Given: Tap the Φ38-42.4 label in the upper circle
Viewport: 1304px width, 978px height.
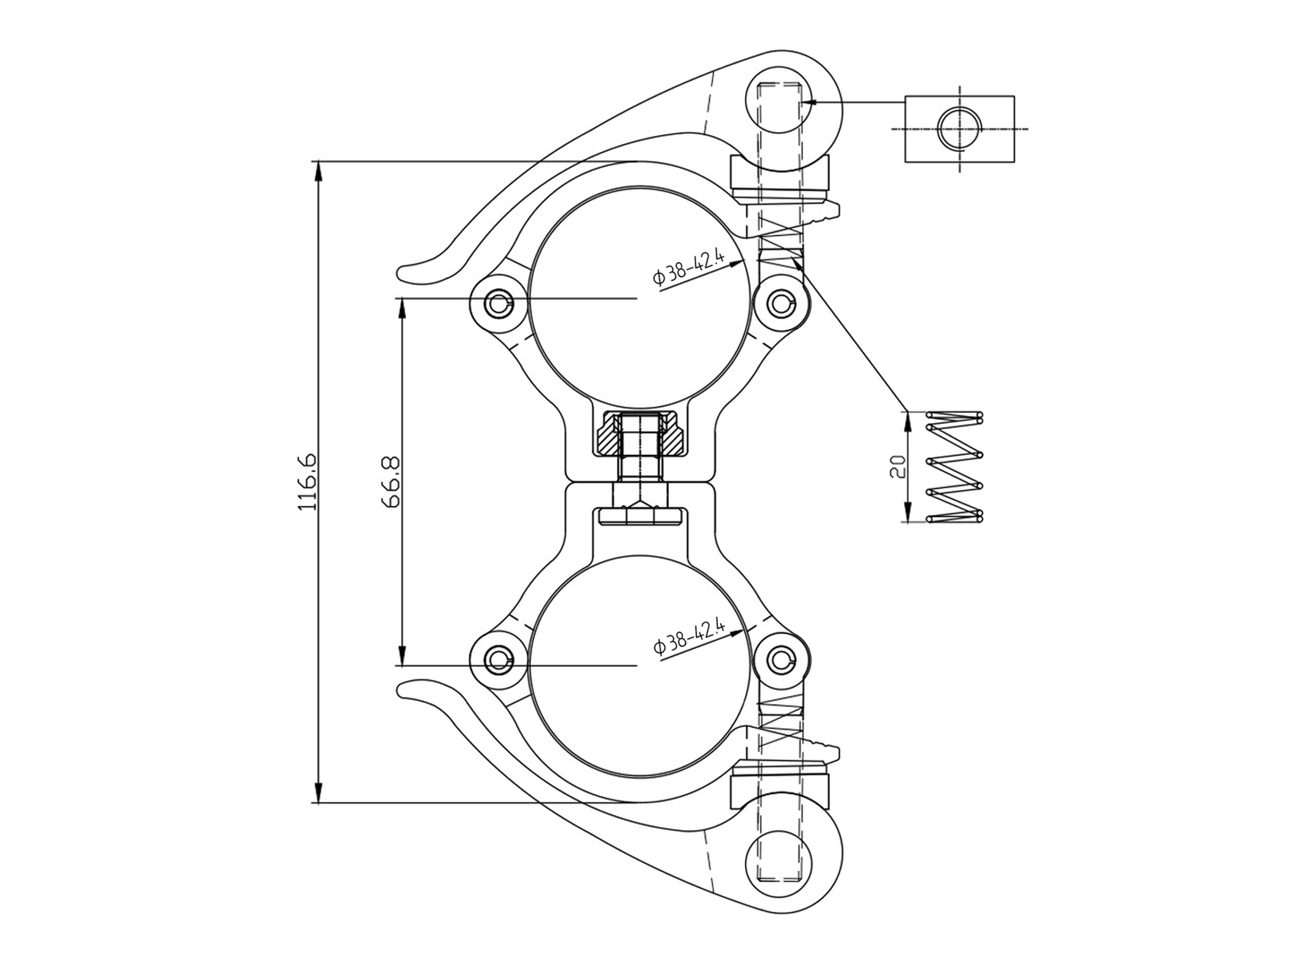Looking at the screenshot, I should click(x=689, y=269).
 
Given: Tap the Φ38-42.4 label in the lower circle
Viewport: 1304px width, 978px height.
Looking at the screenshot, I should click(x=689, y=637).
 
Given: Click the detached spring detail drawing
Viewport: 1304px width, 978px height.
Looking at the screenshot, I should click(x=955, y=466).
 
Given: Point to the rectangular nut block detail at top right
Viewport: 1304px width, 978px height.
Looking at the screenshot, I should click(x=959, y=128).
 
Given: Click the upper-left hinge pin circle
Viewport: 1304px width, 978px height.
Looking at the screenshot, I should click(x=498, y=303).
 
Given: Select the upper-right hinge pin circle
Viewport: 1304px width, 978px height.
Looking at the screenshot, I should click(x=782, y=303).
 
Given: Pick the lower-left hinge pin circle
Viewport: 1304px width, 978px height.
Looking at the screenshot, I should click(x=498, y=661).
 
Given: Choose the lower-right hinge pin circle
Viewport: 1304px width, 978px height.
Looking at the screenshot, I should click(x=782, y=661).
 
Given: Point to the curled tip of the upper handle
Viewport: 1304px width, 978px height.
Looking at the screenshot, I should click(x=411, y=273).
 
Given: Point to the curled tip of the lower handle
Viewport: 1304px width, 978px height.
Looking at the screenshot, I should click(x=411, y=688).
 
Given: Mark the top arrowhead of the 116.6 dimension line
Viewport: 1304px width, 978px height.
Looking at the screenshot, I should click(x=317, y=171).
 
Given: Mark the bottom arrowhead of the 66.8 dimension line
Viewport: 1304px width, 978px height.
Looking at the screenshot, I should click(x=401, y=655).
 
